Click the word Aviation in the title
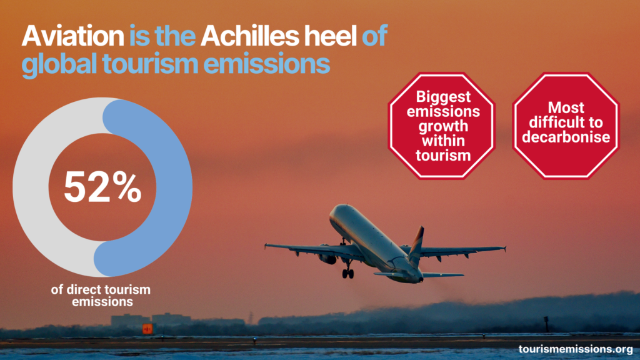tap(72, 36)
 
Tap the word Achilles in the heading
tap(250, 36)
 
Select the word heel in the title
tap(331, 36)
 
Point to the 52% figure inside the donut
tap(102, 186)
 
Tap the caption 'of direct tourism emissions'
tap(101, 296)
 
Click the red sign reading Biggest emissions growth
tap(442, 126)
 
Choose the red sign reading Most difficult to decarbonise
tap(566, 126)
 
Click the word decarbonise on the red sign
tap(566, 137)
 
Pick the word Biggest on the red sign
tap(443, 97)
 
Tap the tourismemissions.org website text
tap(576, 349)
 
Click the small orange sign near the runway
tap(147, 329)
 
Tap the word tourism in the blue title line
tap(150, 64)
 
